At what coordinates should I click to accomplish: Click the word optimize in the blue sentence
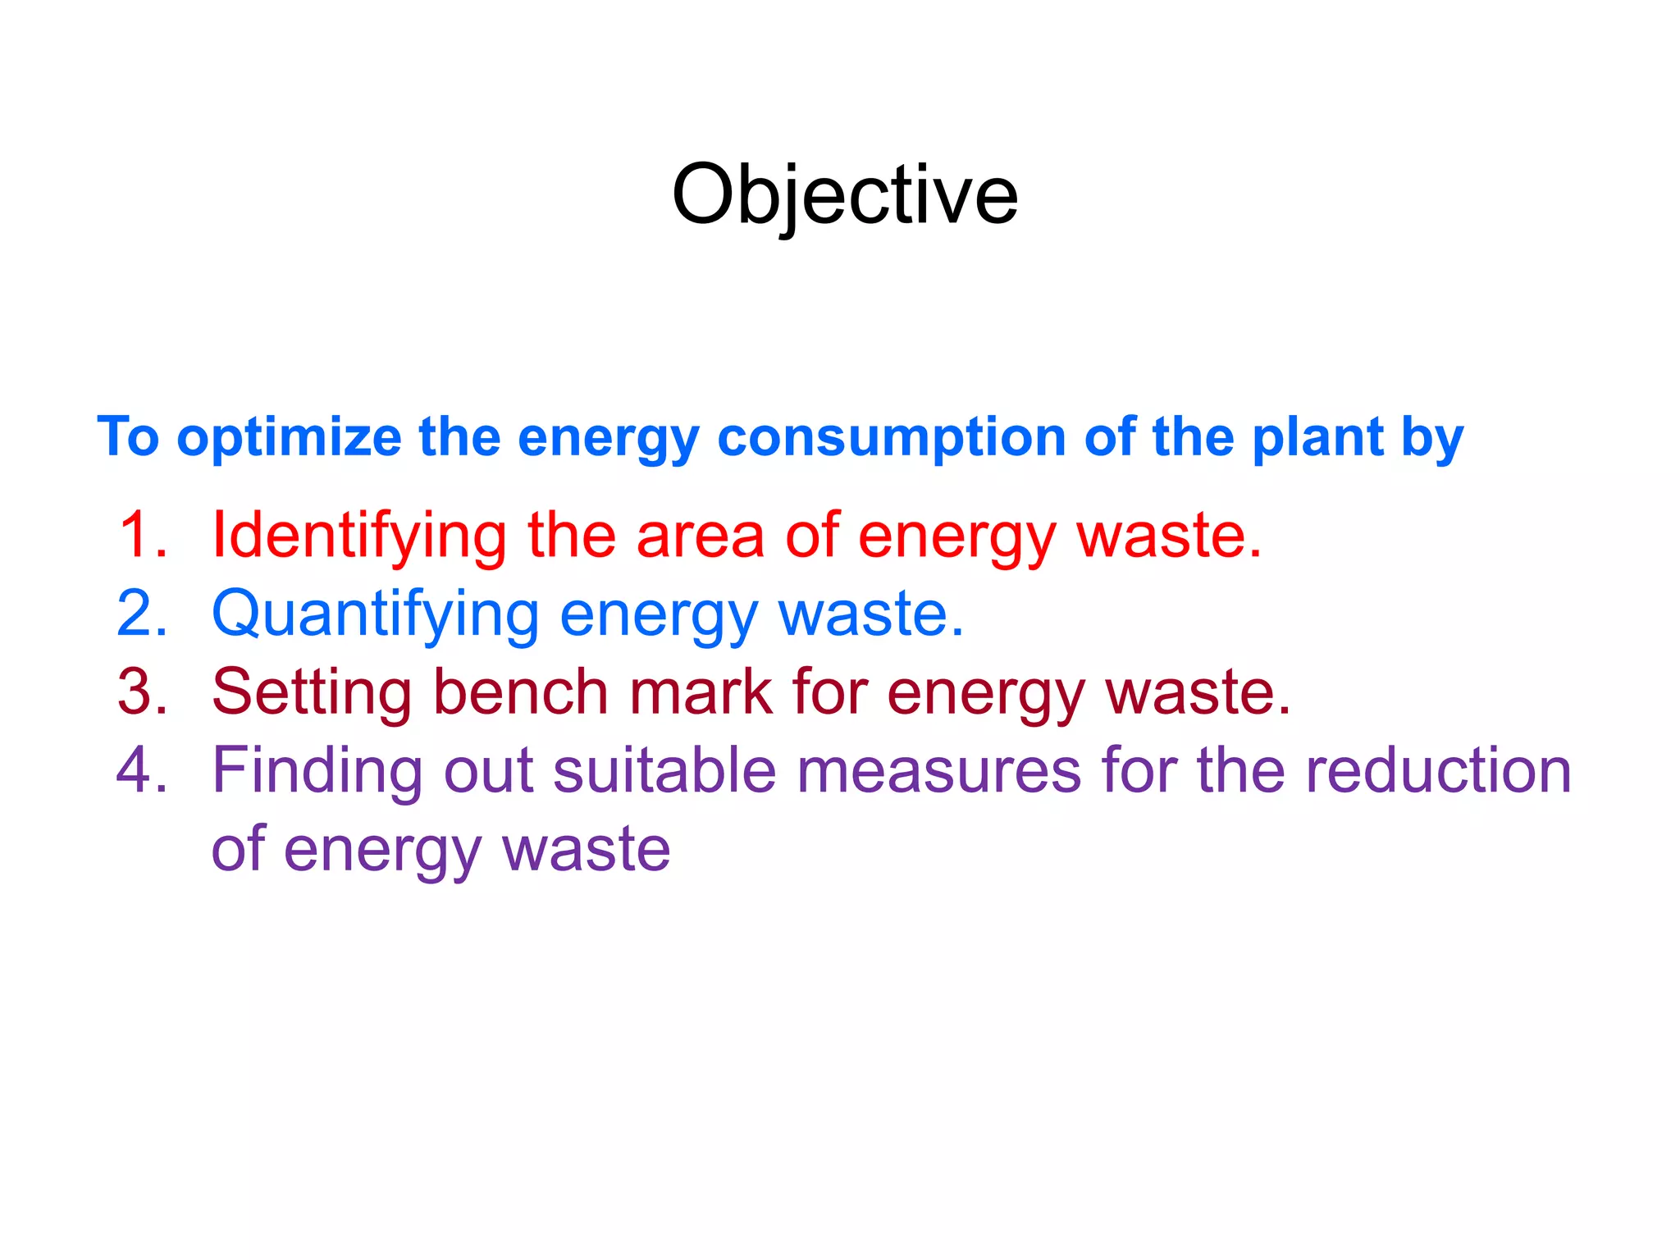pos(289,437)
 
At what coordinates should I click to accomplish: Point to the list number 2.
pos(142,613)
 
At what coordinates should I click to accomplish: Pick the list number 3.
pos(142,692)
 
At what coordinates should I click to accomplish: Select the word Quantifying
pos(376,614)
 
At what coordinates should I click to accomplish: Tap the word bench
pos(520,692)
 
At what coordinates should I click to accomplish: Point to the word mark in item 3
pos(701,692)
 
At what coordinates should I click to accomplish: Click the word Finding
pos(317,771)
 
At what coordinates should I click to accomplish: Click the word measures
pos(939,771)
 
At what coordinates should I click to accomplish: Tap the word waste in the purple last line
pos(587,849)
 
